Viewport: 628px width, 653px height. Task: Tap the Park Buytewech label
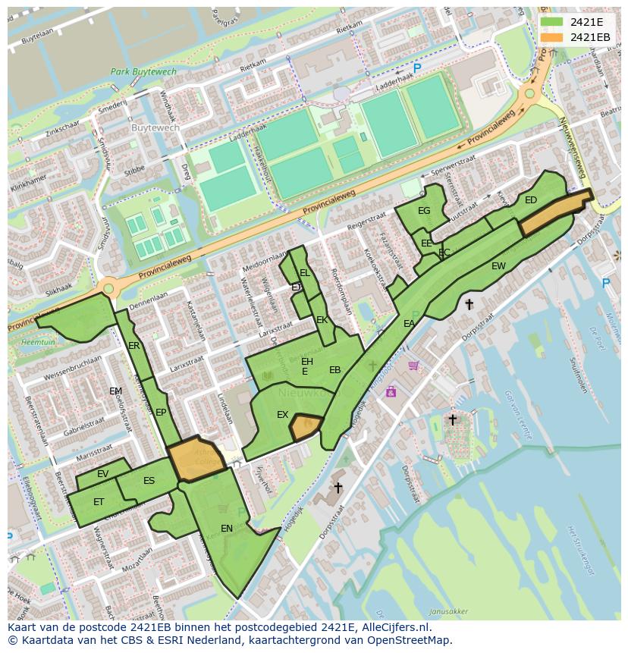[x=143, y=72]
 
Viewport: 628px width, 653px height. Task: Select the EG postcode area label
[x=424, y=211]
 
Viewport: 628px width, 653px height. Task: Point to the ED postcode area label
[x=531, y=200]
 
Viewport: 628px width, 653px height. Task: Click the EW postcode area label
[x=498, y=266]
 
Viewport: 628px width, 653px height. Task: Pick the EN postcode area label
[x=227, y=528]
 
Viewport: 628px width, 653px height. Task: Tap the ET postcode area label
[x=99, y=502]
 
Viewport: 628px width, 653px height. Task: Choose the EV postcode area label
[x=103, y=474]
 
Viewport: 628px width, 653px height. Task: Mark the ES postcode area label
[x=149, y=481]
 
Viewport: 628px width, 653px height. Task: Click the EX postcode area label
[x=282, y=415]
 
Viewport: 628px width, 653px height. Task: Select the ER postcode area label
[x=134, y=346]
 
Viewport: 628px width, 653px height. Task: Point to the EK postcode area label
[x=322, y=320]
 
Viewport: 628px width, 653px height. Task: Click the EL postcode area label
[x=304, y=273]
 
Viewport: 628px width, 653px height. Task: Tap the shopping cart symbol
[x=413, y=366]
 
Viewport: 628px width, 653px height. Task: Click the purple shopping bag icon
[x=391, y=391]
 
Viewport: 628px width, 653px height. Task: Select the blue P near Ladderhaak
[x=416, y=68]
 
